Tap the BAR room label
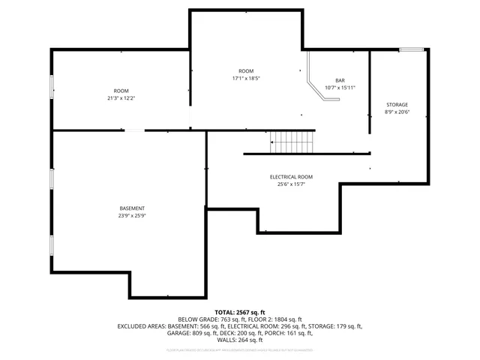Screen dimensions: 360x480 tap(340, 80)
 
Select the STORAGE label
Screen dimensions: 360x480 tap(397, 104)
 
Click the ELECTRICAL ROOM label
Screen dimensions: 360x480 tap(292, 176)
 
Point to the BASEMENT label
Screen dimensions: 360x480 tap(132, 208)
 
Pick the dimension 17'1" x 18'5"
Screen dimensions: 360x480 tap(245, 78)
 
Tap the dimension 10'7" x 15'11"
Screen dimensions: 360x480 tap(340, 88)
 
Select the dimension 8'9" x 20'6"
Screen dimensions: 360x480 tap(397, 112)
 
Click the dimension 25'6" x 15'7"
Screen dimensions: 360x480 tap(292, 184)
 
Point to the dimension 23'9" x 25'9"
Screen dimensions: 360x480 tap(132, 215)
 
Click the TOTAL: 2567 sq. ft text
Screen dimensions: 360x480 tap(240, 312)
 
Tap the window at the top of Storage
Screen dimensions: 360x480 tap(410, 50)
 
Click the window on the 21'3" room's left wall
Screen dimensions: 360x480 tap(51, 86)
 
